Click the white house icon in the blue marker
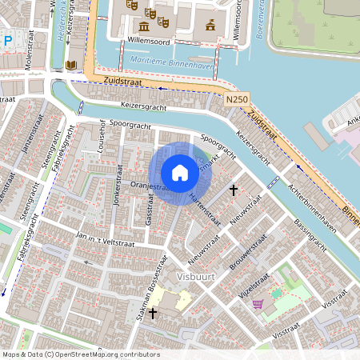180,172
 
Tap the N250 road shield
237,99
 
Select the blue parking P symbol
7,40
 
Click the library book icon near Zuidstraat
71,65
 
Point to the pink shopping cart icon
258,304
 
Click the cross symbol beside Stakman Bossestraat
152,313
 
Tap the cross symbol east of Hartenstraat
234,190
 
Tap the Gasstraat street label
149,211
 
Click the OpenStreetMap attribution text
81,354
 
